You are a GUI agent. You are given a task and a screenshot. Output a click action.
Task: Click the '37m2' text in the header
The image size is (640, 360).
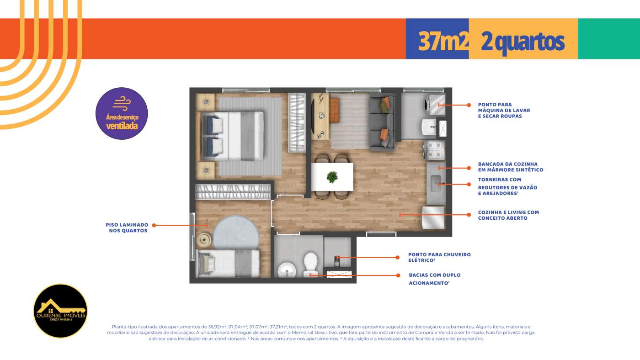pos(443,42)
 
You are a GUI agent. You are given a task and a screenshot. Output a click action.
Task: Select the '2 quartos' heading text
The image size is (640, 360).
pos(523,42)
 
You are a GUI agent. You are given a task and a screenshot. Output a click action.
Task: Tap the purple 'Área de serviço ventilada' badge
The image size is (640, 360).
pos(122,114)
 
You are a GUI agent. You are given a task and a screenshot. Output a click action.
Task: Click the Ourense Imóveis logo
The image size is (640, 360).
pos(60,311)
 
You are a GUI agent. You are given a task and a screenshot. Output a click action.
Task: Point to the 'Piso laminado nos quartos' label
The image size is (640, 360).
pos(127,228)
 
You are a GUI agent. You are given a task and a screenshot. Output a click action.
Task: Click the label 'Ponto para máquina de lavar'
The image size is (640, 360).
pos(504,111)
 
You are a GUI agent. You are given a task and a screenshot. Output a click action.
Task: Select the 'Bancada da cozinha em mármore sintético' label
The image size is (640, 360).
pos(510,167)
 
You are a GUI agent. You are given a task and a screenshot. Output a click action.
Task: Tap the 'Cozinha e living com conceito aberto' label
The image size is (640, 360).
pos(508,215)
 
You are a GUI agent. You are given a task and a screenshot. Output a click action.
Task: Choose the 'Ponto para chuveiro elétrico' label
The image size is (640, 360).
pos(439,257)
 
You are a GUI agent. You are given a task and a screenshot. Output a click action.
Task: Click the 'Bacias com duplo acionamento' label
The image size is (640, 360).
pos(434,279)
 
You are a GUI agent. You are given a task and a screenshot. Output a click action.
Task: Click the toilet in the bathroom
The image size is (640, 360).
pos(310,265)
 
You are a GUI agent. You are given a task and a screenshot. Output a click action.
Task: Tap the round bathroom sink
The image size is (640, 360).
pos(287,270)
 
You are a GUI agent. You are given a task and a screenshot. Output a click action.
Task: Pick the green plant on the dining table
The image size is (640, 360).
pos(332,177)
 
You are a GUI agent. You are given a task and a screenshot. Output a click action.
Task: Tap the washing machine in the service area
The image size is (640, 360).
pos(434,105)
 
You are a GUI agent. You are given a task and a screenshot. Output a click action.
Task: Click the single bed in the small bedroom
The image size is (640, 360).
pos(227,263)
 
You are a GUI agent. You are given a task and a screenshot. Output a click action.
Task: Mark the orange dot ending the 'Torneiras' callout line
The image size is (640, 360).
pos(469,184)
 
